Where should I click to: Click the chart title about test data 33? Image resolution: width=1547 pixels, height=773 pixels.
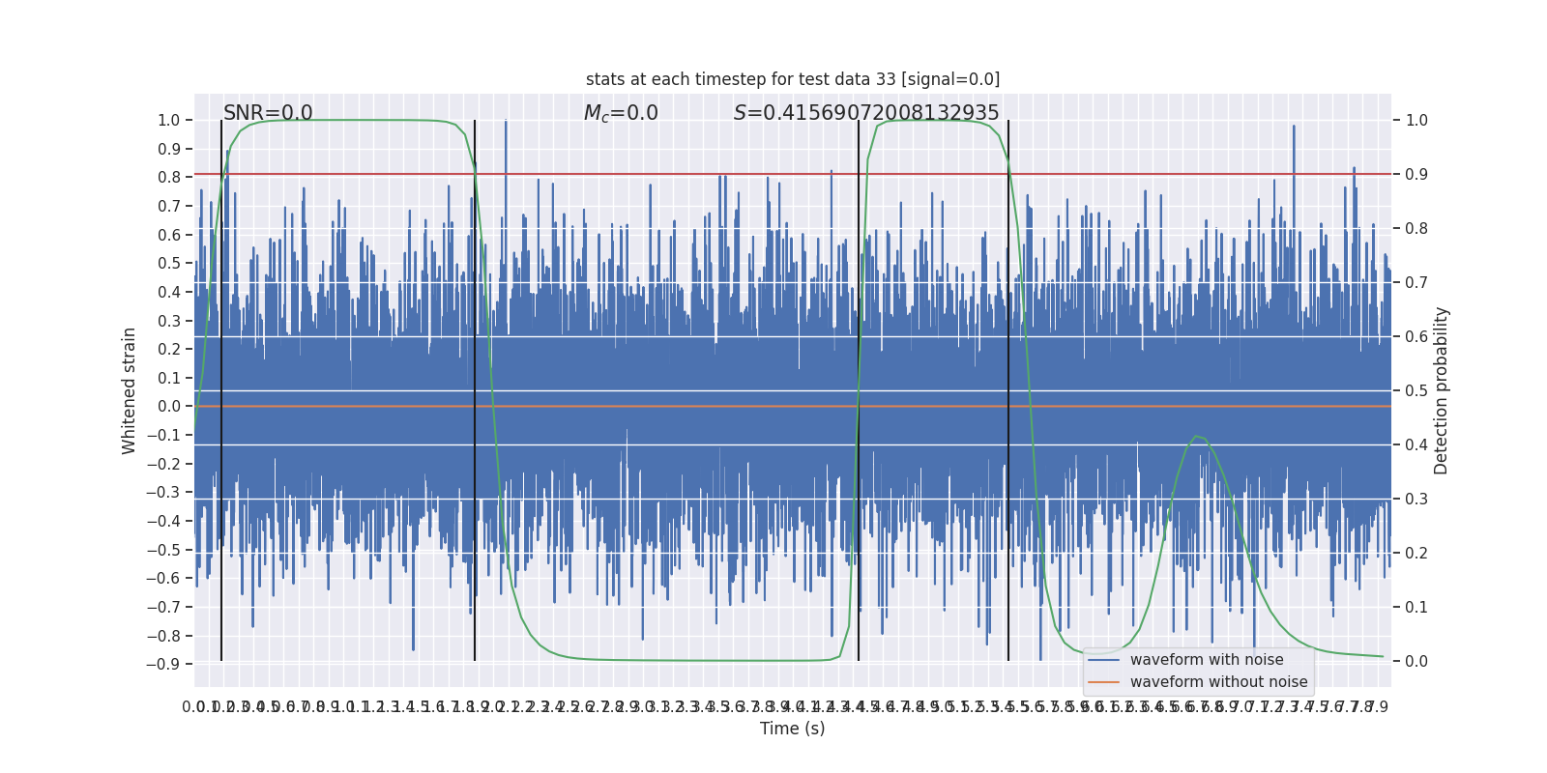click(x=792, y=79)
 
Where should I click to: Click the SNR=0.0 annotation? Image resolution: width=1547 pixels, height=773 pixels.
click(x=268, y=113)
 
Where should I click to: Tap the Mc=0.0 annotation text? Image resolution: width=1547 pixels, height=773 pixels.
click(x=621, y=113)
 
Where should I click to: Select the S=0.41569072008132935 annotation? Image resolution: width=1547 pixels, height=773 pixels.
click(x=866, y=113)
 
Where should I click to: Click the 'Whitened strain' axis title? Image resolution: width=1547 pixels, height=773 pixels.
click(x=130, y=390)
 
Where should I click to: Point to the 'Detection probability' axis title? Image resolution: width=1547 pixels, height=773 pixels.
click(x=1442, y=390)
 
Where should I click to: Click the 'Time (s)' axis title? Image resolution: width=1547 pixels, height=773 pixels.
click(x=792, y=729)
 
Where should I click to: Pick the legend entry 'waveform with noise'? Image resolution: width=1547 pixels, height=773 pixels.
click(x=1207, y=660)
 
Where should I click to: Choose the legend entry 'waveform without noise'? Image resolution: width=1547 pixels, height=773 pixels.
click(x=1218, y=682)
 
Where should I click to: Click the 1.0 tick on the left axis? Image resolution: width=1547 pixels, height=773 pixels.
click(x=168, y=121)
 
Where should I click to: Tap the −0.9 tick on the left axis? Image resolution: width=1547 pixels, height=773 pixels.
click(x=163, y=665)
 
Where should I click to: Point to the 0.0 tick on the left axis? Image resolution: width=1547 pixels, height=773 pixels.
click(x=168, y=407)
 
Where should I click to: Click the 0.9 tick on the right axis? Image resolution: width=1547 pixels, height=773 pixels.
click(x=1416, y=175)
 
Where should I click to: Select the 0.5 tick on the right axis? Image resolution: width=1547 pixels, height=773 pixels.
click(x=1416, y=391)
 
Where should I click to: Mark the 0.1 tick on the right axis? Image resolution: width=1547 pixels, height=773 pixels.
click(x=1416, y=608)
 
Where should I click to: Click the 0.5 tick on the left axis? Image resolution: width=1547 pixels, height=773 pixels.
click(x=168, y=264)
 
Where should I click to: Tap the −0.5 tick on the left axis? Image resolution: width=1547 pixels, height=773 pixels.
click(x=163, y=550)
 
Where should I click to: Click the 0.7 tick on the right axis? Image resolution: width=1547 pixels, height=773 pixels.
click(x=1416, y=283)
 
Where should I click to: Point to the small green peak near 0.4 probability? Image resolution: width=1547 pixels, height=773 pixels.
click(x=1197, y=437)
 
